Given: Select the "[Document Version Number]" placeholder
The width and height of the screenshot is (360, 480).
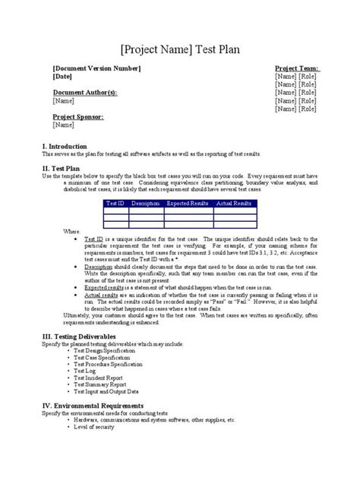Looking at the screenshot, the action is pos(96,68).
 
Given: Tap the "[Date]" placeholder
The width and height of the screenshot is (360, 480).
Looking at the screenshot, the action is pos(63,77).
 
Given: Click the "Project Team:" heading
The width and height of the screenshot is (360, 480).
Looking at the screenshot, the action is pos(296,68).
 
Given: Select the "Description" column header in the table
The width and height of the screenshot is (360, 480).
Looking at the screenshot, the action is pos(145,204).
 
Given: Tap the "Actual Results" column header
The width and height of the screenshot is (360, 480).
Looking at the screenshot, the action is pos(234,204).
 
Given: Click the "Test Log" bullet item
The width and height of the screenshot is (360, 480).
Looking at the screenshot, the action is pos(87,371).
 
